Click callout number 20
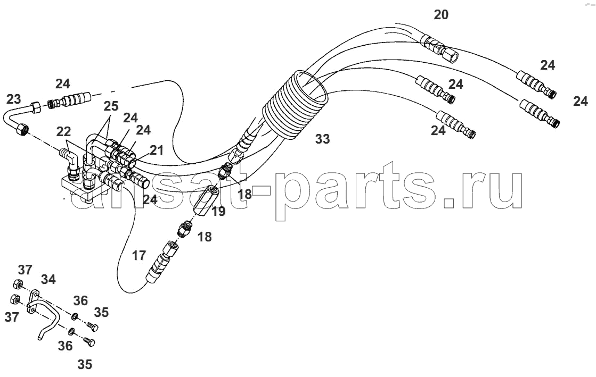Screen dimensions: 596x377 tap(441, 15)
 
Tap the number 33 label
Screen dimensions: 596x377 tap(322, 139)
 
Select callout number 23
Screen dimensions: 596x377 tap(14, 99)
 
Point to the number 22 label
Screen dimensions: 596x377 tap(63, 132)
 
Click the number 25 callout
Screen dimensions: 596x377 tap(111, 106)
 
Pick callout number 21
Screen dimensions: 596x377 tap(156, 150)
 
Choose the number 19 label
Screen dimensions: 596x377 tap(218, 212)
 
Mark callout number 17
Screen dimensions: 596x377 tap(139, 256)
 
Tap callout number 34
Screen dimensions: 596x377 tap(48, 280)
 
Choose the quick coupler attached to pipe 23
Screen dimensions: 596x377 tap(70, 100)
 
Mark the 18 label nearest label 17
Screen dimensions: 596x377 tap(205, 237)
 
